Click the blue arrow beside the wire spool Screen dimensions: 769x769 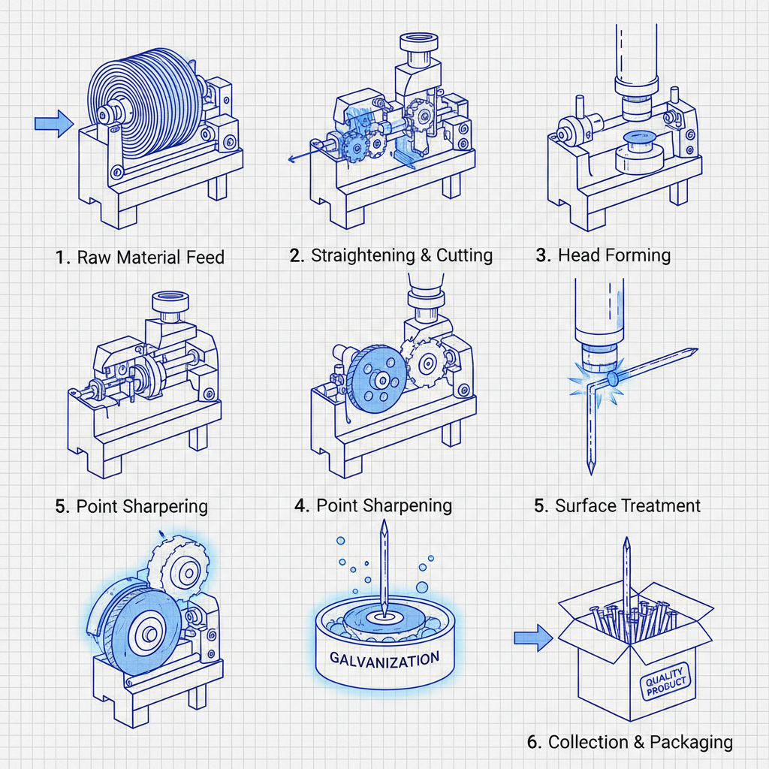[53, 124]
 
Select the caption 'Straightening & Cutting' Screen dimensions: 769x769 [391, 255]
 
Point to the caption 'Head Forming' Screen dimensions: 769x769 [603, 255]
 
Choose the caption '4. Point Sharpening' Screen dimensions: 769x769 [373, 505]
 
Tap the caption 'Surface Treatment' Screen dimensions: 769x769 [617, 505]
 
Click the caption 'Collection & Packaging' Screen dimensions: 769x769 [629, 742]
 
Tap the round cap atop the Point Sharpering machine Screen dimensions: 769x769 [168, 303]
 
